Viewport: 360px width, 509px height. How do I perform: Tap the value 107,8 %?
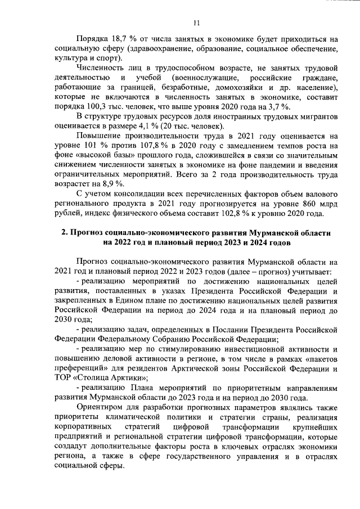[158, 145]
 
